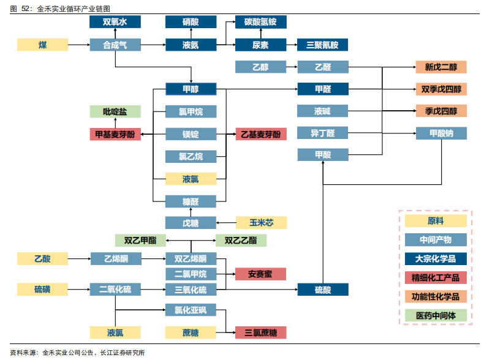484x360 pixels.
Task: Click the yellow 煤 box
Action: click(42, 45)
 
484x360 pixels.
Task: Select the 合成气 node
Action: click(115, 45)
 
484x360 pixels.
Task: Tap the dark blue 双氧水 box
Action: click(115, 22)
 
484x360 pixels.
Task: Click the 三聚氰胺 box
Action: click(322, 45)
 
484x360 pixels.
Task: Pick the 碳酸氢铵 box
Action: click(260, 22)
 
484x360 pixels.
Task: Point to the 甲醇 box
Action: click(191, 89)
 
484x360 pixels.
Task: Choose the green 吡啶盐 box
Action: click(115, 111)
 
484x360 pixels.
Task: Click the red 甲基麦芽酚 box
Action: click(115, 134)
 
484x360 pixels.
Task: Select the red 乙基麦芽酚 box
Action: click(260, 134)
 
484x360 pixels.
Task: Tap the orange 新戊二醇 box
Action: click(441, 67)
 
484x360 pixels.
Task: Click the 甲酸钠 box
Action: click(441, 133)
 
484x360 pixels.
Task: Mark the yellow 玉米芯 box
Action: click(260, 223)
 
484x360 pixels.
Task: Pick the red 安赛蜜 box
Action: click(260, 274)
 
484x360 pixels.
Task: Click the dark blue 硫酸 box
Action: click(323, 290)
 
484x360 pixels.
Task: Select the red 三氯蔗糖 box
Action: click(260, 332)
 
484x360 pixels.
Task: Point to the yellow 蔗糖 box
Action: click(191, 332)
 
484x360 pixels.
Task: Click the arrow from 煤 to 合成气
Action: click(78, 45)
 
